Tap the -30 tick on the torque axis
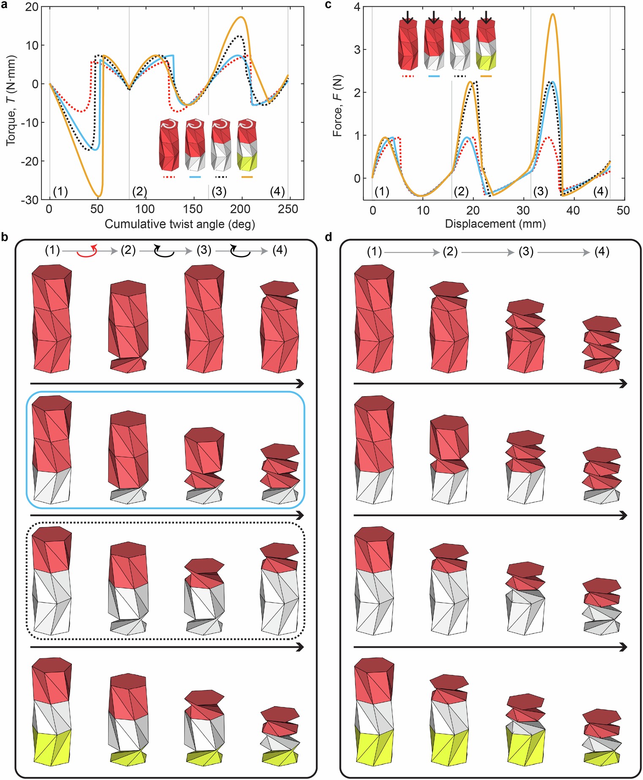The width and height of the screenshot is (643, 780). (31, 200)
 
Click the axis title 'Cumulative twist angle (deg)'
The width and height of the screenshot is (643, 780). (180, 224)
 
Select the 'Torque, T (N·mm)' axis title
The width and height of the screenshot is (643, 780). (11, 101)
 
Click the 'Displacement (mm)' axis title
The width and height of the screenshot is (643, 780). (495, 224)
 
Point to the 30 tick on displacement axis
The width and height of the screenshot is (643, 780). (523, 210)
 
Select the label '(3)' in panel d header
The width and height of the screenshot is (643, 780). (526, 252)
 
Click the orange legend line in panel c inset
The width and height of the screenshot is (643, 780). (486, 76)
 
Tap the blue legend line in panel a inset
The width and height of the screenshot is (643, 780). (195, 177)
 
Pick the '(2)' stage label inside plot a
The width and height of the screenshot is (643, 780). (139, 191)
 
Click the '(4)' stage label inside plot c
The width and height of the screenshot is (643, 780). (600, 191)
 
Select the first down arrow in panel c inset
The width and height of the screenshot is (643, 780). (407, 17)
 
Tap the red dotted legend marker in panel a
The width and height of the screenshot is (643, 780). (169, 177)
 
